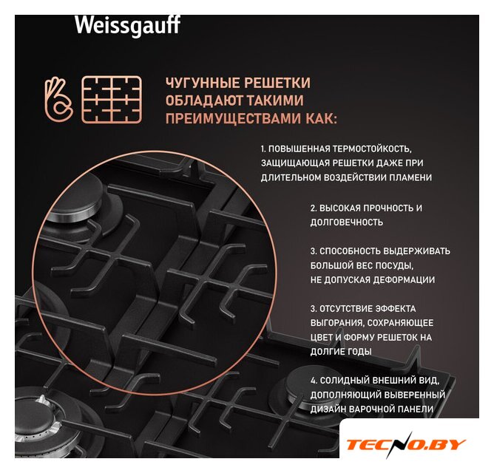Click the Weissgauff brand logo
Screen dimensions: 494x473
(x=128, y=25)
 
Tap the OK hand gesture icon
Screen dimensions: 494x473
(x=58, y=99)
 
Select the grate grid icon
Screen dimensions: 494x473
(x=112, y=99)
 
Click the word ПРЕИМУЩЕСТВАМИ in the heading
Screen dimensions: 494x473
(x=233, y=119)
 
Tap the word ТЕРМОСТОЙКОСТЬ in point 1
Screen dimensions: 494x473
(x=372, y=149)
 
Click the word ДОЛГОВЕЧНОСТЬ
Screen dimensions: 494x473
(x=347, y=222)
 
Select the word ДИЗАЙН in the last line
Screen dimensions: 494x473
(x=328, y=409)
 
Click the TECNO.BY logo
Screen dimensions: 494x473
(x=406, y=445)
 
